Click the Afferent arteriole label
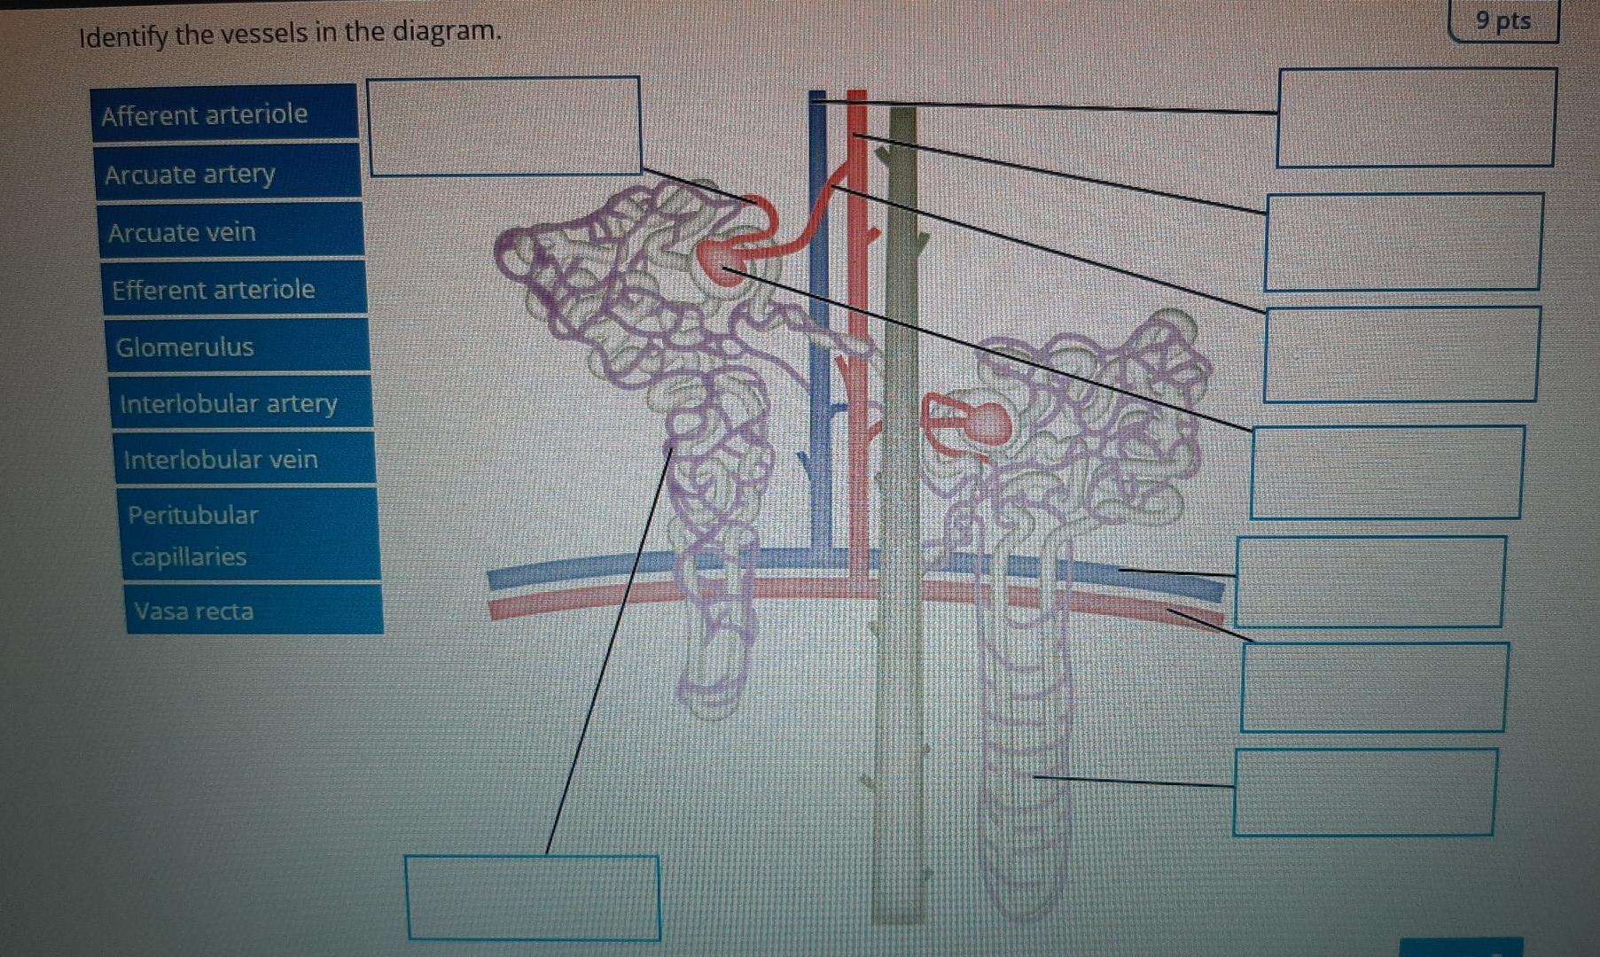click(224, 113)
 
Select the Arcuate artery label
click(227, 174)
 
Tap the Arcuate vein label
click(230, 231)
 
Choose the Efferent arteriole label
click(234, 289)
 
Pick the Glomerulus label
click(238, 346)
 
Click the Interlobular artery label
click(241, 403)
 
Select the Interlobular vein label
click(245, 459)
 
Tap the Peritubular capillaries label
click(249, 535)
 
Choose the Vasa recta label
click(254, 611)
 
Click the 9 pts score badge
click(1503, 21)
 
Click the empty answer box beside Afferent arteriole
click(503, 126)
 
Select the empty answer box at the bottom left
click(533, 897)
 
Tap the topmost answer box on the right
click(1416, 118)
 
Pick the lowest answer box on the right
click(1364, 792)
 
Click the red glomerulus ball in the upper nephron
click(722, 262)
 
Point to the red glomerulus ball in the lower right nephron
click(986, 424)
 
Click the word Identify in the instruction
click(123, 37)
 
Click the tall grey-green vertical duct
click(901, 532)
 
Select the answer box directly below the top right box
click(1403, 242)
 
